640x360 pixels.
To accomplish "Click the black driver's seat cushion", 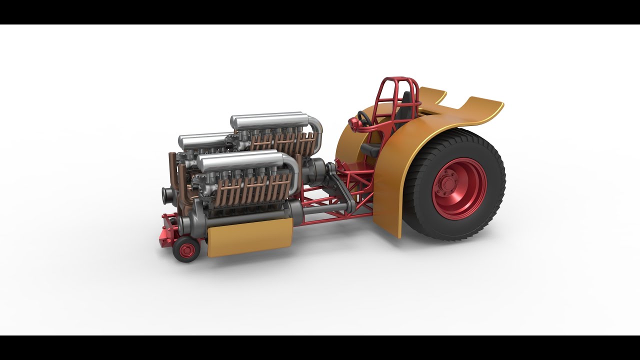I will point(370,147).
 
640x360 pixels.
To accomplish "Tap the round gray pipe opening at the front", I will point(166,195).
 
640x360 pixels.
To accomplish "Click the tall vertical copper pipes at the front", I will point(172,165).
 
